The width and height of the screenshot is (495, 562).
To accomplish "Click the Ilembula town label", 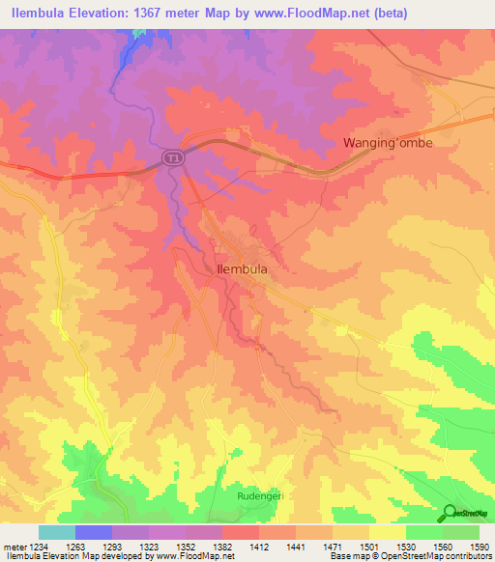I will coord(242,271).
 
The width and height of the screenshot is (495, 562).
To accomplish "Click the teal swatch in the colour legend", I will coord(57,532).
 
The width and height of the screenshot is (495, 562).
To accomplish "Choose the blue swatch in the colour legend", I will coord(94,532).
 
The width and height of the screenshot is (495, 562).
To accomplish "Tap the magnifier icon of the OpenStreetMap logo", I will coord(450,514).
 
